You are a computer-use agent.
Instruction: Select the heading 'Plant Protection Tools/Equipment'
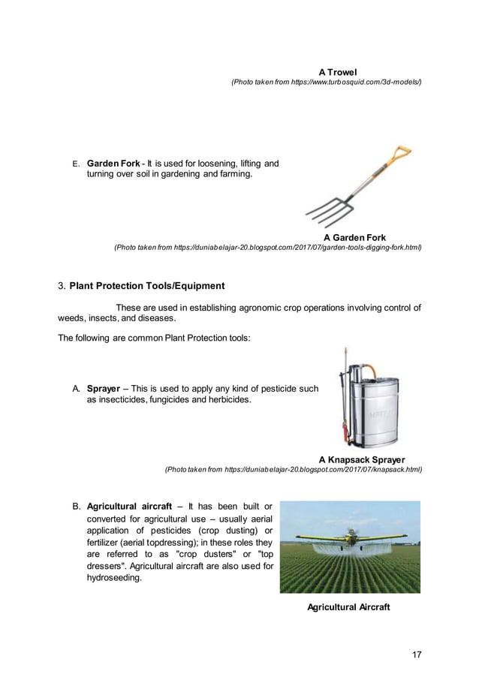coord(146,286)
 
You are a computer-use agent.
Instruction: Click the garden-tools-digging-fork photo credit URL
coord(267,248)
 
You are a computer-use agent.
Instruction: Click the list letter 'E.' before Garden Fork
coord(75,164)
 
